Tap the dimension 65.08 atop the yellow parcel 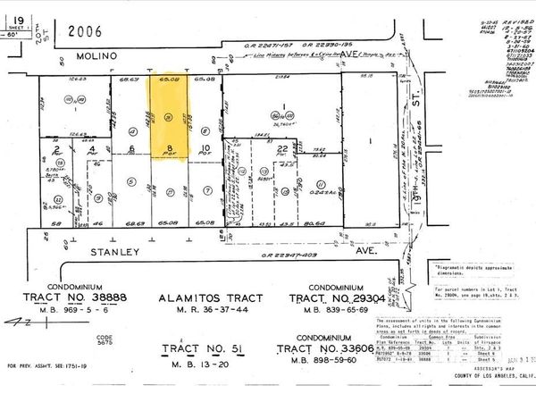167,80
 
